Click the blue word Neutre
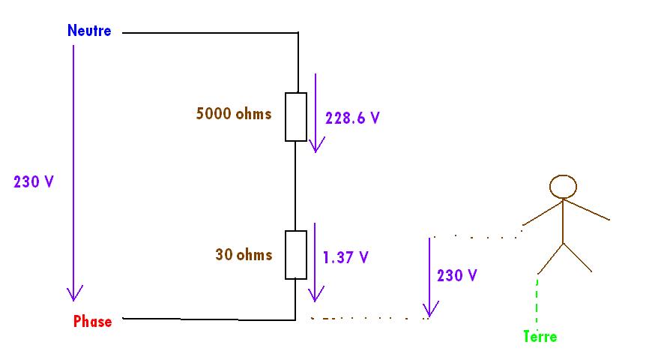pyautogui.click(x=88, y=31)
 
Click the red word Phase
pyautogui.click(x=92, y=322)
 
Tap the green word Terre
pyautogui.click(x=540, y=337)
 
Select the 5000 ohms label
pyautogui.click(x=233, y=115)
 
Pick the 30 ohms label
pyautogui.click(x=244, y=255)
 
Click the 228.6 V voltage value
pyautogui.click(x=352, y=118)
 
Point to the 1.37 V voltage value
pyautogui.click(x=345, y=257)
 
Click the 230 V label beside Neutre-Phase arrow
pyautogui.click(x=34, y=181)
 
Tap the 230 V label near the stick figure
pyautogui.click(x=457, y=275)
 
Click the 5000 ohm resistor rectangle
pyautogui.click(x=296, y=117)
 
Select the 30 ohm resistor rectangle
pyautogui.click(x=296, y=255)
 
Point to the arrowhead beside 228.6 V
pyautogui.click(x=316, y=145)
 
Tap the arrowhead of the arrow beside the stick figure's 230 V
pyautogui.click(x=430, y=310)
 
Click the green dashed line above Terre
pyautogui.click(x=537, y=299)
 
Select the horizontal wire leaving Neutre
pyautogui.click(x=210, y=33)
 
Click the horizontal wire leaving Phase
pyautogui.click(x=210, y=319)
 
